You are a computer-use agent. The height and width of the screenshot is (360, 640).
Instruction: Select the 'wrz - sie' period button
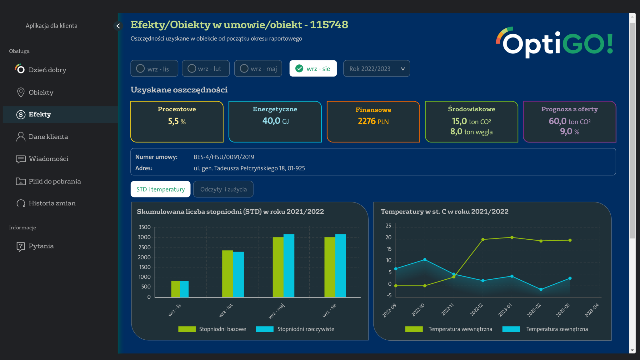coord(313,68)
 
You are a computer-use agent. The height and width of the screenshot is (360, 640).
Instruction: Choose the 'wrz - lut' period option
coord(206,68)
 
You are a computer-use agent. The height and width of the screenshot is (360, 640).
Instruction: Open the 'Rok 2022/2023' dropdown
coord(376,68)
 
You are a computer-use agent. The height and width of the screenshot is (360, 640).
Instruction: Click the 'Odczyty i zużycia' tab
coord(223,189)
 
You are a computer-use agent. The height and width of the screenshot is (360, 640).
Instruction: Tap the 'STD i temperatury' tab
coord(160,189)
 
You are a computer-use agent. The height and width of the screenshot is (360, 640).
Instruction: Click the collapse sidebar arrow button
coord(118,26)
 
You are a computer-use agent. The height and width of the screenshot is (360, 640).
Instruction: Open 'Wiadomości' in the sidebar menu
coord(48,159)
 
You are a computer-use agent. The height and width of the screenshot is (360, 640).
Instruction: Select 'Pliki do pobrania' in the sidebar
coord(54,181)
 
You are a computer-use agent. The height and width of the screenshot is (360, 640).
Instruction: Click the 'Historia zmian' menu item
coord(52,203)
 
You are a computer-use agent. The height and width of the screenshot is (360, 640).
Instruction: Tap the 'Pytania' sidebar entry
coord(41,246)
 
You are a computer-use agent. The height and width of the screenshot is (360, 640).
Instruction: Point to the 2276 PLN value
coord(373,121)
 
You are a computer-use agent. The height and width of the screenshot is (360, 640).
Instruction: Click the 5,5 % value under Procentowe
coord(177,121)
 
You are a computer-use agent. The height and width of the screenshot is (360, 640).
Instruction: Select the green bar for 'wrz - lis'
coord(175,289)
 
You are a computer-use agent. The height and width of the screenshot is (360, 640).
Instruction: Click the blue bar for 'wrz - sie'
coord(341,266)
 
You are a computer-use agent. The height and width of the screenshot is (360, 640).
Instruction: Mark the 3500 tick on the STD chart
coord(144,227)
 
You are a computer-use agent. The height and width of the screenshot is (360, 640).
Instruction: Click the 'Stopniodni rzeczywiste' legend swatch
coord(265,329)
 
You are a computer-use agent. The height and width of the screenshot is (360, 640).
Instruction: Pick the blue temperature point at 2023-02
coord(541,289)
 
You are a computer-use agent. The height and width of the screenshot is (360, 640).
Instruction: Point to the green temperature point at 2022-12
coord(483,240)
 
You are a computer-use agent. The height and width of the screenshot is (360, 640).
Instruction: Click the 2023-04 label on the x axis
coord(592,310)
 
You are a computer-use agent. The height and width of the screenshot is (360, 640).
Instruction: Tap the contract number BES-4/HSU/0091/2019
coord(224,157)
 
